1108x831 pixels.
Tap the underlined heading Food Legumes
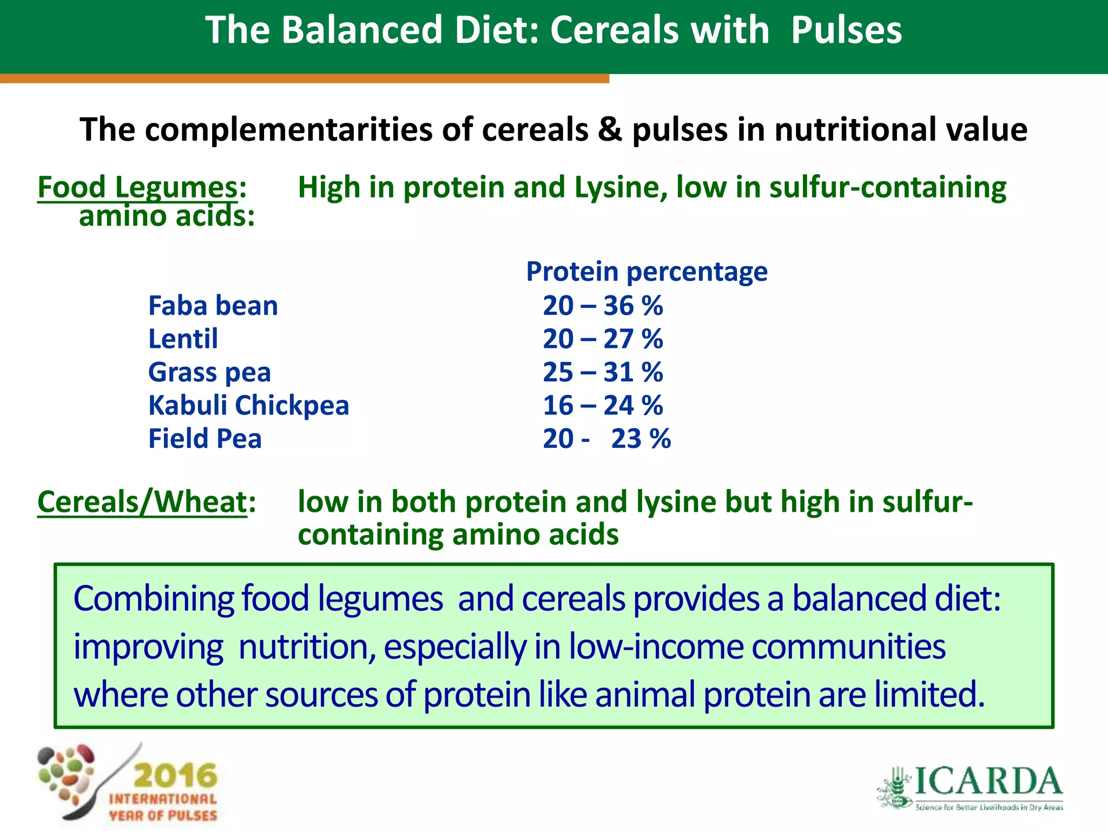(x=137, y=188)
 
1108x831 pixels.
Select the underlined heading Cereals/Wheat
(x=142, y=502)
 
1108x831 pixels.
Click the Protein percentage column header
(x=647, y=271)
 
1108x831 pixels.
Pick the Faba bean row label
(x=213, y=306)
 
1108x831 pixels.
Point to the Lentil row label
(x=183, y=339)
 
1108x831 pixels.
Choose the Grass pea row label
(x=209, y=373)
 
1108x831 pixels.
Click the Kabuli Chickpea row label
(x=249, y=406)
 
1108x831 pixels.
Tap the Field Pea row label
(x=205, y=439)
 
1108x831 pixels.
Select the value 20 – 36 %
(x=603, y=306)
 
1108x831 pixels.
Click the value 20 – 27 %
(x=603, y=339)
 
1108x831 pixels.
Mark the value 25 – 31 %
(x=603, y=373)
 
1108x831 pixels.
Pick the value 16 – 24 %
(x=603, y=406)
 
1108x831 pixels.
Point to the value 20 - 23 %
(x=606, y=439)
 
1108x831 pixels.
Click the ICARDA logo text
(x=988, y=782)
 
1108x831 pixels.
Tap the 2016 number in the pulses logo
(x=175, y=776)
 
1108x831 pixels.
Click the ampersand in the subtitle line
(x=610, y=130)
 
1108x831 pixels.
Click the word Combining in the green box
(x=153, y=599)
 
